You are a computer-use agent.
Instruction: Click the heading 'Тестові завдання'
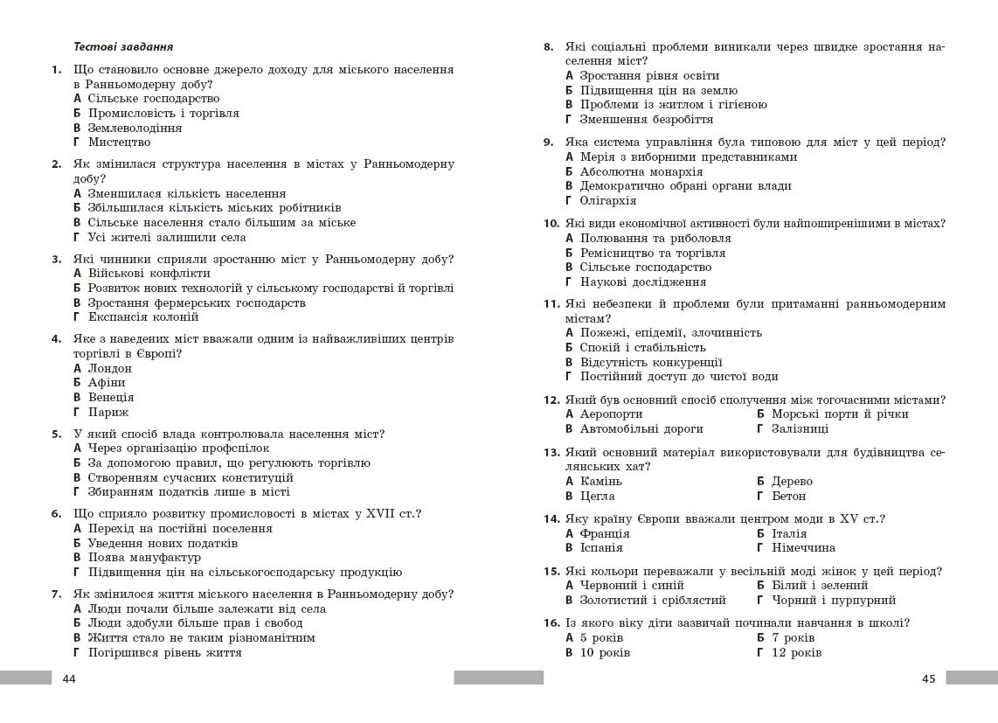(123, 47)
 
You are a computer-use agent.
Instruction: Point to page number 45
(928, 678)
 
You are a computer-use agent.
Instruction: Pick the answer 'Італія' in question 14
(789, 533)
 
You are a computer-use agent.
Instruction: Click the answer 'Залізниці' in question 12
(800, 428)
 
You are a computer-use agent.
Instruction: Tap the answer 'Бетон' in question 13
(788, 496)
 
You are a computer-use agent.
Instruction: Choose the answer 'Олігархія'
(608, 201)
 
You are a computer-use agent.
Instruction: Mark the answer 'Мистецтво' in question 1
(119, 142)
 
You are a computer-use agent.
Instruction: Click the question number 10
(551, 224)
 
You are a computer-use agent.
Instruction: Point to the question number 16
(551, 623)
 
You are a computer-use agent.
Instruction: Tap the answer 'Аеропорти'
(611, 414)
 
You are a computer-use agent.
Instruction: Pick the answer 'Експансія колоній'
(143, 316)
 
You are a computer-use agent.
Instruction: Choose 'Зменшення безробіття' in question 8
(646, 119)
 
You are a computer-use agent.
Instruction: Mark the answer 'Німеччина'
(803, 547)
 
